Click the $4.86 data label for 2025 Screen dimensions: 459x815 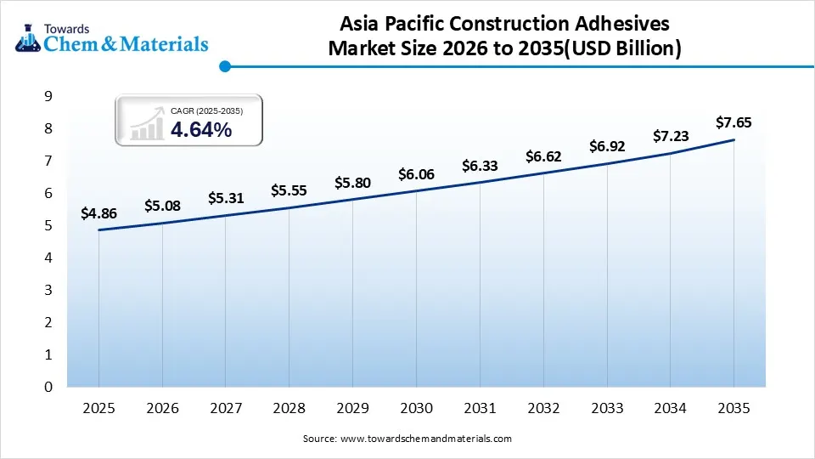pos(98,214)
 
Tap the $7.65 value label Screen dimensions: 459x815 pos(733,123)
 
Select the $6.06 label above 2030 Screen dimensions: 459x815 pos(416,174)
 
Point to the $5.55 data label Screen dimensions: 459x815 pos(289,191)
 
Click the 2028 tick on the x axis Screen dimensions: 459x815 pos(289,409)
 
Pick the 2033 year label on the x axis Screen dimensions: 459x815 pos(607,409)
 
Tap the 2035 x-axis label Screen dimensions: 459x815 pos(733,409)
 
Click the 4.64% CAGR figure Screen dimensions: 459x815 pos(200,130)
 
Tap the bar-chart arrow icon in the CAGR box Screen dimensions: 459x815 pos(147,123)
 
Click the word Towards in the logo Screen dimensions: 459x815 pos(70,28)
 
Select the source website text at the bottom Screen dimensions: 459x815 pos(407,439)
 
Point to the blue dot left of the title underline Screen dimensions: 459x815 pos(225,65)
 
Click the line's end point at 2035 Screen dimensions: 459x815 pos(733,139)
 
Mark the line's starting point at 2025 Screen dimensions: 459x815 pos(98,229)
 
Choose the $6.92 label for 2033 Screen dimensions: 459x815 pos(607,146)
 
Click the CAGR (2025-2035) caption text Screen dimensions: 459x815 pos(206,110)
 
